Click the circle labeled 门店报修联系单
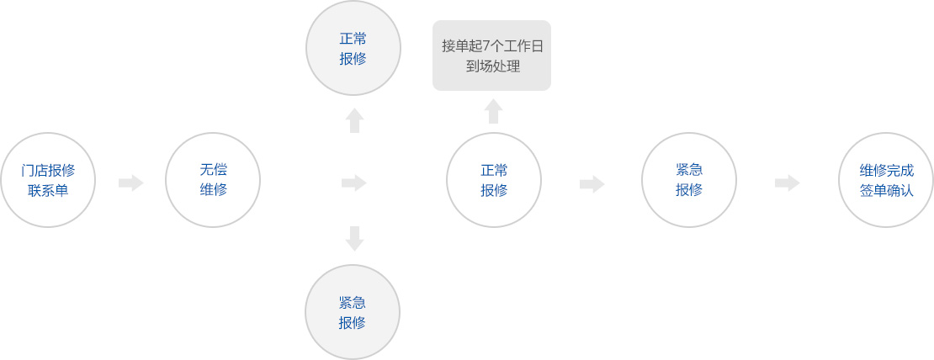(48, 180)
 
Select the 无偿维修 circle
(213, 180)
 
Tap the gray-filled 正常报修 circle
(353, 49)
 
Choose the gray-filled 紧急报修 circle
(353, 312)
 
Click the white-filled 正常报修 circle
(494, 180)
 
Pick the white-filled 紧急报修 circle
(689, 180)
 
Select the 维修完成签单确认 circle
(886, 180)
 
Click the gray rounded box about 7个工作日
(492, 56)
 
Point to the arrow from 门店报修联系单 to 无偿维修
(131, 183)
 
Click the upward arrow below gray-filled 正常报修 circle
(354, 120)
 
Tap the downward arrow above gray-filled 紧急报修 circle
(354, 238)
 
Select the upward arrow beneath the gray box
(493, 111)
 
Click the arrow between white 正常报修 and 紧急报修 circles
(592, 183)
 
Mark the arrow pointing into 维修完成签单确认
(788, 183)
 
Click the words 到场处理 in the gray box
(492, 66)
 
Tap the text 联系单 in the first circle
(48, 191)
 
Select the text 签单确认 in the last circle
(886, 191)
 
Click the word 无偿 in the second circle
(213, 170)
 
